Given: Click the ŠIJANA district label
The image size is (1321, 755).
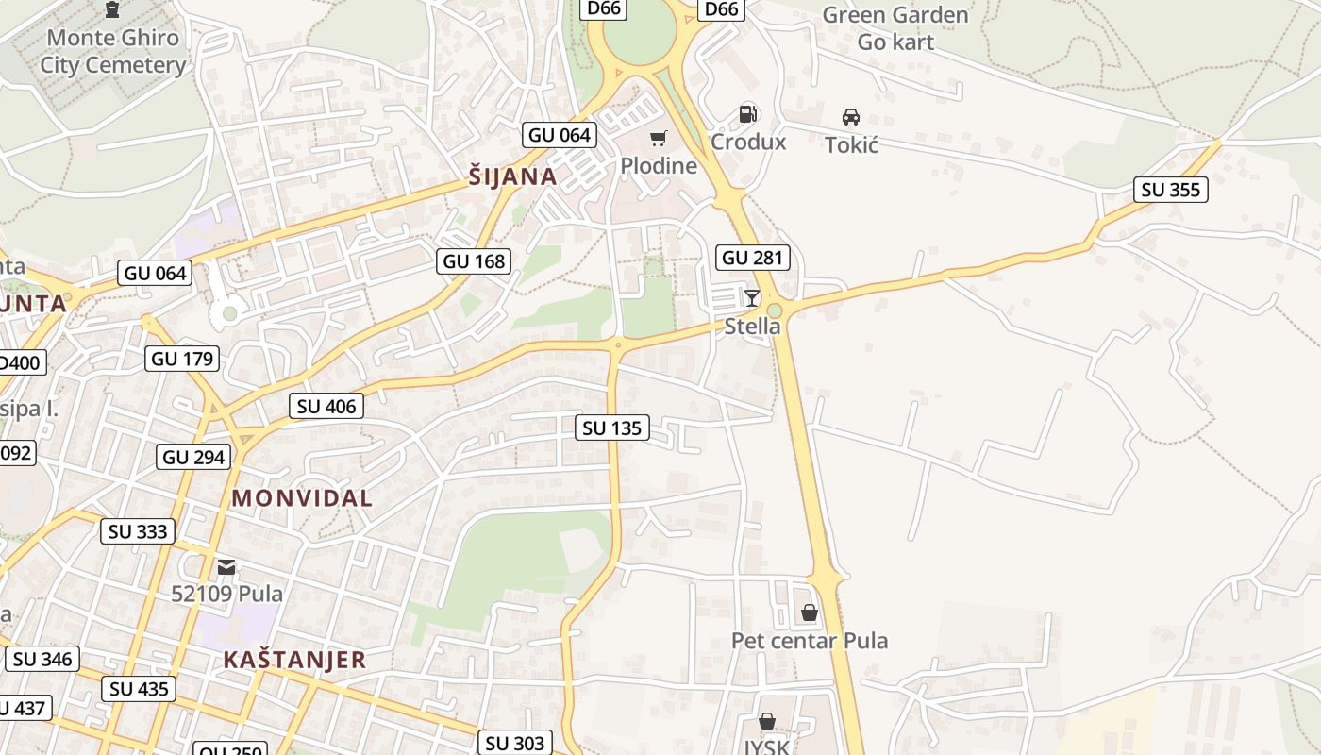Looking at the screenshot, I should [512, 176].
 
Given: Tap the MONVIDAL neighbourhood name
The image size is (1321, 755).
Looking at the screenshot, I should [302, 498].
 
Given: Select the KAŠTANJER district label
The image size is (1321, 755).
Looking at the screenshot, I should [294, 660].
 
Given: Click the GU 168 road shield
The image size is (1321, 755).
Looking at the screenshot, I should [474, 261].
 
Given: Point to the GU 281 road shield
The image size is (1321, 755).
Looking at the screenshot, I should [753, 258].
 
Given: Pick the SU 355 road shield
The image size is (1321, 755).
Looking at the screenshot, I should [1170, 190].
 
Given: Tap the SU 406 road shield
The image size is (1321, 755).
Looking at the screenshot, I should [326, 407].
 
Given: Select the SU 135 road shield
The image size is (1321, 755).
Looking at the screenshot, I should [612, 428].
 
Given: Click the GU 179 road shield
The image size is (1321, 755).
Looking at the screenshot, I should [183, 359].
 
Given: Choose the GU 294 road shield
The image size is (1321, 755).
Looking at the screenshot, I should [194, 458].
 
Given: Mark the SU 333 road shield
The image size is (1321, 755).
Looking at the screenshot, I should [138, 531].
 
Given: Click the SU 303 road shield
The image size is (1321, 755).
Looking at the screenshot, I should [515, 743].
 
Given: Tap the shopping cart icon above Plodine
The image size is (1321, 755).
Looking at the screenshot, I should [659, 139].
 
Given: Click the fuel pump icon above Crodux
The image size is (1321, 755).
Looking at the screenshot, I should [747, 114].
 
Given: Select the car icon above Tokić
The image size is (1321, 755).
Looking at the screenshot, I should [851, 117].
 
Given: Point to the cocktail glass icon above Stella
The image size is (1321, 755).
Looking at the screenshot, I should [752, 298].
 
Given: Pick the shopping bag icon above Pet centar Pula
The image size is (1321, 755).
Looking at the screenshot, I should [809, 612].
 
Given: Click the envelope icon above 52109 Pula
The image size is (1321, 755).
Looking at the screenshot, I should [226, 566].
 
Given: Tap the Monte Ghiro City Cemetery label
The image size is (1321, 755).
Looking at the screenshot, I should [113, 51].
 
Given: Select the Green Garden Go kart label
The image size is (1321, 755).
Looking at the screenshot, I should [895, 28].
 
